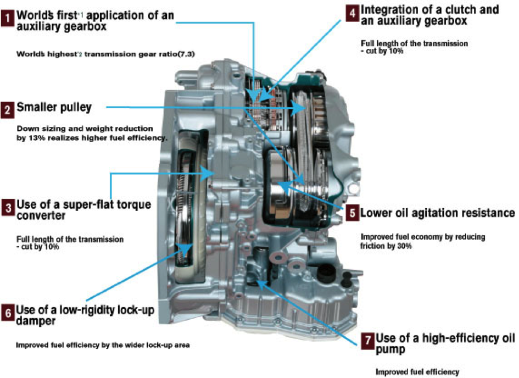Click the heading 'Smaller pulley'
point(54,107)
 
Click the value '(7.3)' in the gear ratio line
point(185,54)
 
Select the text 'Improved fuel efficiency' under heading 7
point(417,372)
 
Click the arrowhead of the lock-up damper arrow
point(187,247)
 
